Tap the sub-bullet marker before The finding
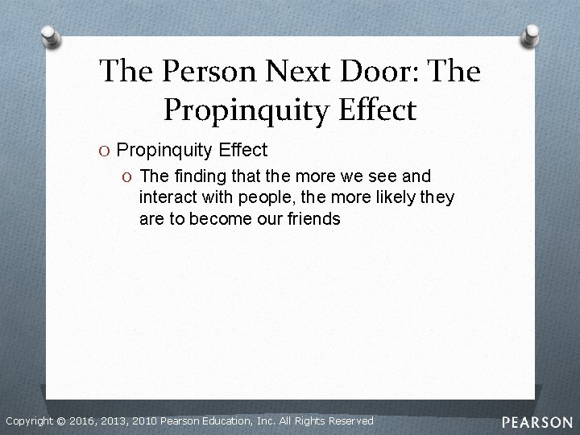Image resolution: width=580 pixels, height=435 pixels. pyautogui.click(x=128, y=176)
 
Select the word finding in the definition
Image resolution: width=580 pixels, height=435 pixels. pyautogui.click(x=198, y=176)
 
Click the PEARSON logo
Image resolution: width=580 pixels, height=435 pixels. pyautogui.click(x=537, y=421)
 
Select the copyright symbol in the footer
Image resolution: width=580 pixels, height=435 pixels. pyautogui.click(x=61, y=421)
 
